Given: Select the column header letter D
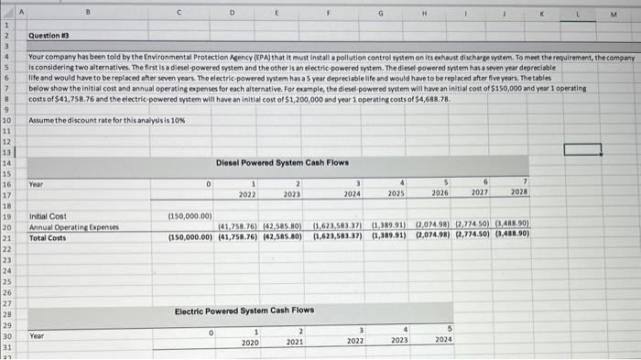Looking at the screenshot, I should click(x=233, y=12).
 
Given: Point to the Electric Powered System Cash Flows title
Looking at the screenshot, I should click(x=244, y=310).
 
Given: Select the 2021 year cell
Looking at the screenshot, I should click(x=295, y=341).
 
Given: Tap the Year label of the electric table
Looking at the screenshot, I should click(x=37, y=335).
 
